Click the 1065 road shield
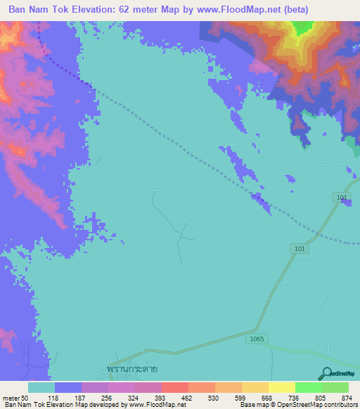257,339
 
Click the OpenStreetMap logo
339,373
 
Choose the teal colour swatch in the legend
41,387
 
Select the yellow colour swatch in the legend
281,387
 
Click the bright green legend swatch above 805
308,387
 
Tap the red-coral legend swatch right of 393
174,387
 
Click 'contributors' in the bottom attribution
341,405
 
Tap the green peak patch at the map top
302,27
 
